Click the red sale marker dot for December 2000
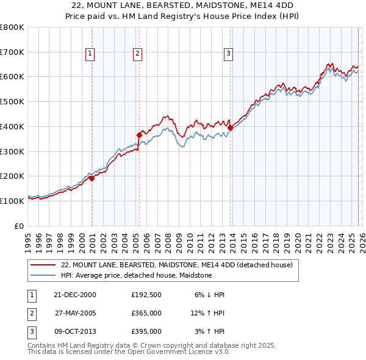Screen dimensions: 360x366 point(92,178)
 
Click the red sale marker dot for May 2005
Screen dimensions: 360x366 point(139,135)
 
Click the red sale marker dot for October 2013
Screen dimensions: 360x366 point(230,128)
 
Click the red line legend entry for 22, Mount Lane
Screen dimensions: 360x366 point(177,265)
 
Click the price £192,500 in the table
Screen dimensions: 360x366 point(146,295)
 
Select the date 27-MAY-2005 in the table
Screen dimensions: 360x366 point(75,313)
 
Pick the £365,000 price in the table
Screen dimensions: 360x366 point(146,313)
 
